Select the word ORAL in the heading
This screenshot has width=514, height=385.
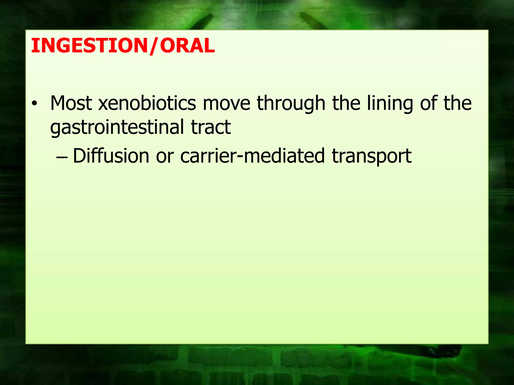click(x=187, y=46)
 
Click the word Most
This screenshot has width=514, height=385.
click(x=71, y=103)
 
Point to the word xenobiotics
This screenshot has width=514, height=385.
click(x=147, y=103)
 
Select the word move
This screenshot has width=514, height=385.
click(x=226, y=104)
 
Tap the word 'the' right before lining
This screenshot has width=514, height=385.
click(x=347, y=103)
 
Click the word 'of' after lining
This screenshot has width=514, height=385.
click(x=428, y=103)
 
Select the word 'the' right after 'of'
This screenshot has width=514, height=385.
click(x=458, y=103)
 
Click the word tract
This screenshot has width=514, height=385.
click(x=211, y=127)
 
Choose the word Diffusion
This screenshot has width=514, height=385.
click(x=111, y=156)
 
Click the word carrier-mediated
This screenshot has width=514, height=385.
click(x=252, y=156)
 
